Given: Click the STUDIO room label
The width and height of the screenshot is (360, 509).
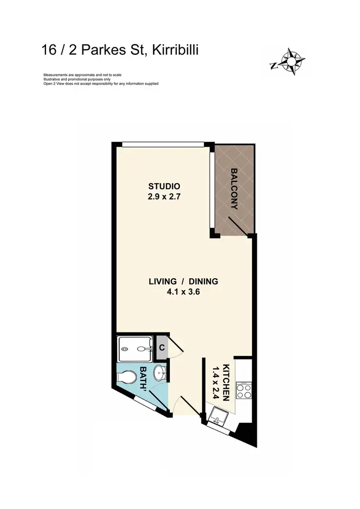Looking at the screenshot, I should coord(164,186).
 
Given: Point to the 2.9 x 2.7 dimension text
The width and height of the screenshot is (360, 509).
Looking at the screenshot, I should coord(164,196).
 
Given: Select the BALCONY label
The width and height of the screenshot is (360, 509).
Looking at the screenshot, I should coord(234,189).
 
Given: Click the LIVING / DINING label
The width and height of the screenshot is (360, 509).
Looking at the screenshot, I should coord(183,281).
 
